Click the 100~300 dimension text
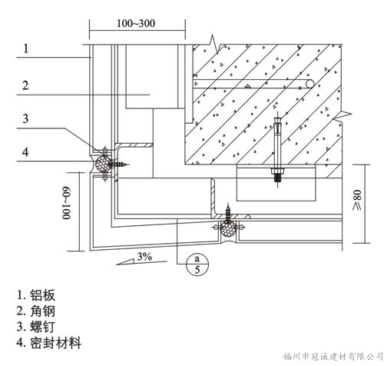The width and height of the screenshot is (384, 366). [x=136, y=23]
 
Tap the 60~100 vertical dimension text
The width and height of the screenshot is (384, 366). [x=66, y=204]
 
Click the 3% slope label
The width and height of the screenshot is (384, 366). [x=144, y=256]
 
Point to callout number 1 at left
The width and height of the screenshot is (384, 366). [x=26, y=48]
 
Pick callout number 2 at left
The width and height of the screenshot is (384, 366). [x=25, y=85]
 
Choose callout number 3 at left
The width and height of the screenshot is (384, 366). [x=25, y=118]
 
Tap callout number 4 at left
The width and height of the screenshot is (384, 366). [x=25, y=152]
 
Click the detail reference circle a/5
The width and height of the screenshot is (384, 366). [x=197, y=265]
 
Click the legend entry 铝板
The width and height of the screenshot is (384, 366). [x=36, y=295]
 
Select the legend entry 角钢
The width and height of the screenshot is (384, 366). [x=36, y=311]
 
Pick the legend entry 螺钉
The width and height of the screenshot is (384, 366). [x=36, y=327]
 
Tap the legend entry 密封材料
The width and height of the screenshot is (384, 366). [x=49, y=343]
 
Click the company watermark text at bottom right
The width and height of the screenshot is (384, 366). [x=333, y=357]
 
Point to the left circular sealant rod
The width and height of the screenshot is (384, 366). [x=103, y=164]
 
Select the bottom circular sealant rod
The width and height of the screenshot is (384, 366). [x=228, y=228]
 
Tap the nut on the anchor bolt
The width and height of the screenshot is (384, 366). [x=278, y=171]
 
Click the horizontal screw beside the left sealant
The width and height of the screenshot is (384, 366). [x=119, y=164]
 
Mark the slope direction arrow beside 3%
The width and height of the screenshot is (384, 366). [x=141, y=262]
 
